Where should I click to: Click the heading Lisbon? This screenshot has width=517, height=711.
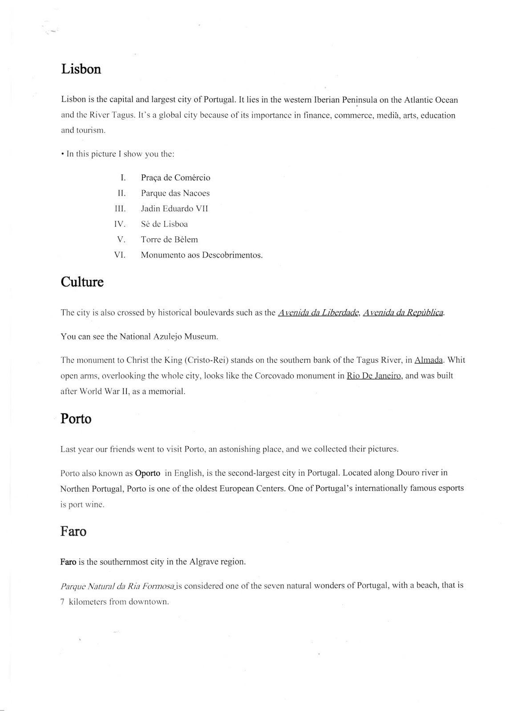[81, 69]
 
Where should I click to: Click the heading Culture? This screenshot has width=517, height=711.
[82, 282]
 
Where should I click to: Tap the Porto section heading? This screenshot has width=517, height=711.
[76, 419]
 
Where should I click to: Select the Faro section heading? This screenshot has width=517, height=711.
[73, 531]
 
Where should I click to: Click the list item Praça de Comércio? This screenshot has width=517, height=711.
[175, 178]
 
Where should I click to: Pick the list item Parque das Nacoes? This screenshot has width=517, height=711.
[175, 193]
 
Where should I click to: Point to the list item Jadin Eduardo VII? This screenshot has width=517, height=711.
[174, 208]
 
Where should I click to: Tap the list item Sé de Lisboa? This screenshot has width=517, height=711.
[164, 224]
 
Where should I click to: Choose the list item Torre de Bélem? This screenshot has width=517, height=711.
[169, 240]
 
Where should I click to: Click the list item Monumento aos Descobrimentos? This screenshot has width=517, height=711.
[202, 255]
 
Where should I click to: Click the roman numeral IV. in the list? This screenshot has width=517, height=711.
[120, 224]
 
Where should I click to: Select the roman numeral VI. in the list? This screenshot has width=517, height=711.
[120, 255]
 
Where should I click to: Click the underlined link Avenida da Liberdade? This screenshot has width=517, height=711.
[318, 312]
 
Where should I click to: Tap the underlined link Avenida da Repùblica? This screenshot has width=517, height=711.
[403, 312]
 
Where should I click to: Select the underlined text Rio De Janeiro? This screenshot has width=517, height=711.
[374, 375]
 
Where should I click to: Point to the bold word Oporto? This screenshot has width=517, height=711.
[147, 473]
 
